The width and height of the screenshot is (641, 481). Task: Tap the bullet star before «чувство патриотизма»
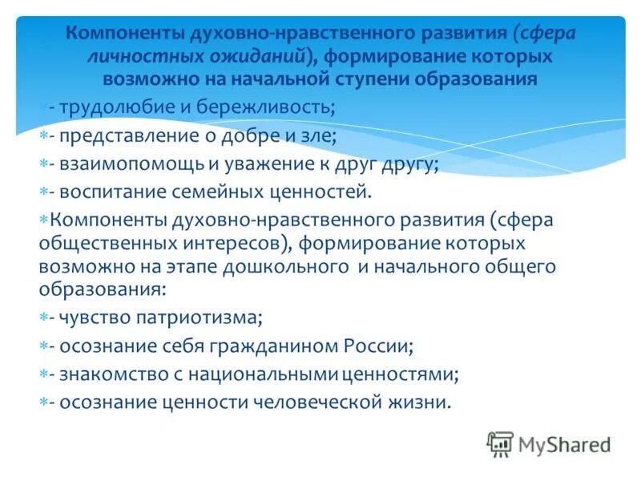pos(44,318)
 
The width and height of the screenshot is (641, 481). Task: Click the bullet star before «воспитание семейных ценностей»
pos(44,192)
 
